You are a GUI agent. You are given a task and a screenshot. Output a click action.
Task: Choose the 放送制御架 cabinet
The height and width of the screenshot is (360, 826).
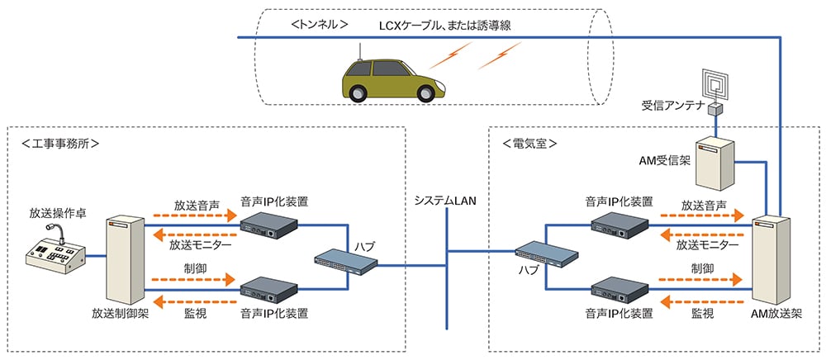[125, 260]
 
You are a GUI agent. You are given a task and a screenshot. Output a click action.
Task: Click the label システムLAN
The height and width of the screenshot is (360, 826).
[446, 201]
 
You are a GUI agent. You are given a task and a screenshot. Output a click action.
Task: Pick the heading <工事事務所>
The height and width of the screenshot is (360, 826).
[60, 143]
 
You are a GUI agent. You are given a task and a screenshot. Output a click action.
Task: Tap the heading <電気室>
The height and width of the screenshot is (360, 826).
[529, 143]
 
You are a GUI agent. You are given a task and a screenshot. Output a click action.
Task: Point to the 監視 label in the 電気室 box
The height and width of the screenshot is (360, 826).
[702, 314]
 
